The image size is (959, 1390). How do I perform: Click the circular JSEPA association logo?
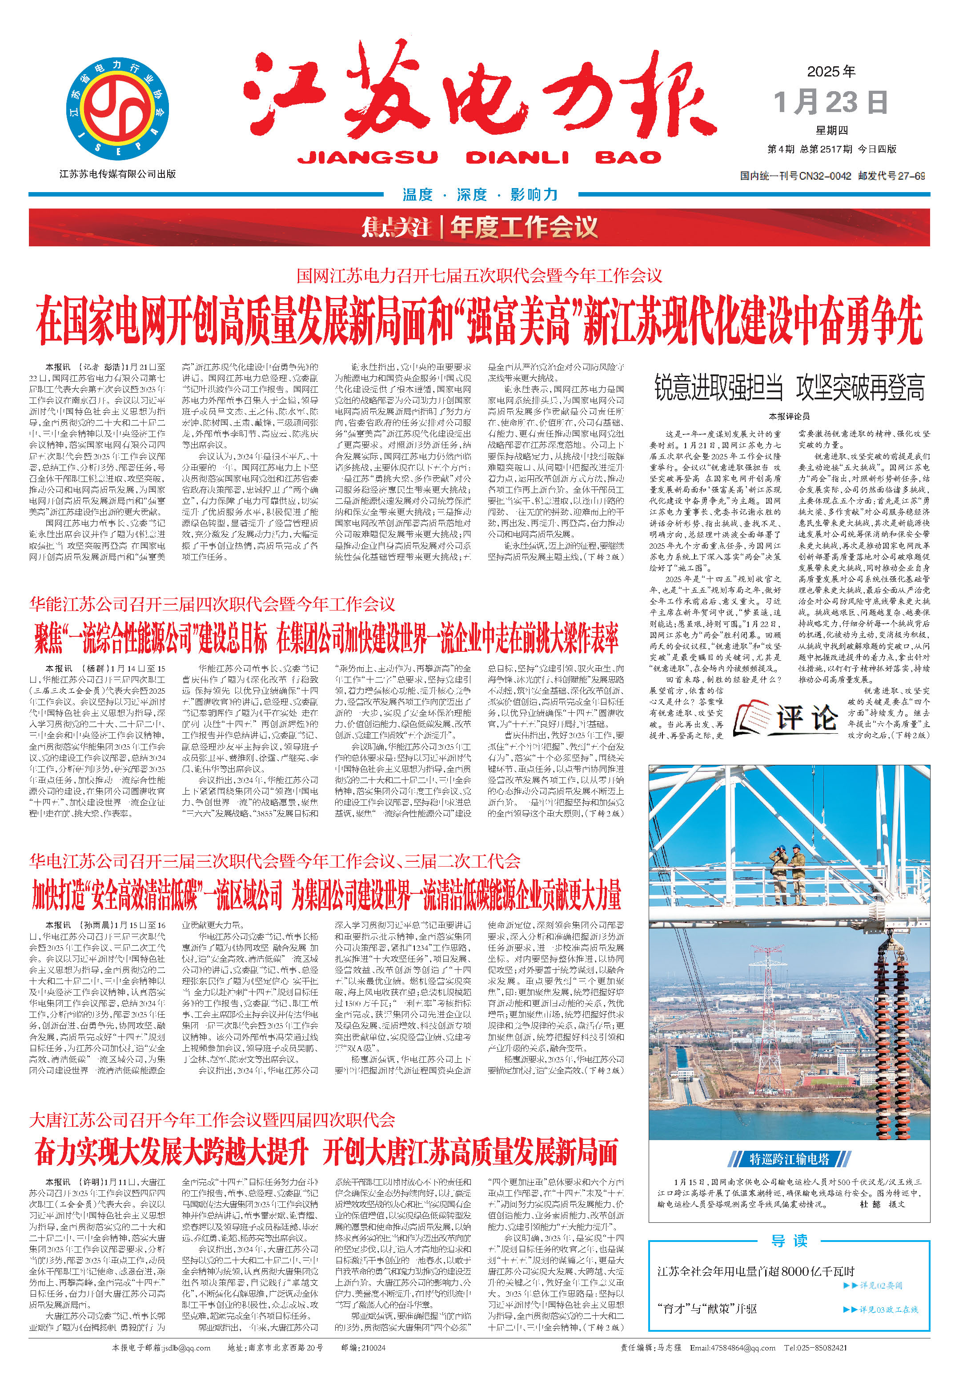(117, 109)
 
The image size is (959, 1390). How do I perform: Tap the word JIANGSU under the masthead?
(368, 157)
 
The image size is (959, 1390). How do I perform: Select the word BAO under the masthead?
(628, 157)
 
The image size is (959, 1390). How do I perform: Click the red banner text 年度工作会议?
(524, 228)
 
